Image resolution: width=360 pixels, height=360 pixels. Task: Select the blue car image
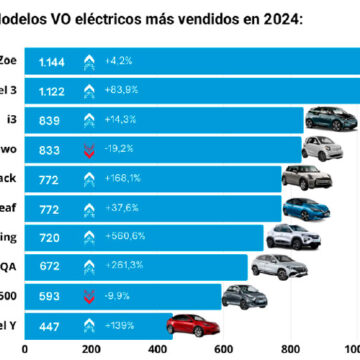pyautogui.click(x=305, y=208)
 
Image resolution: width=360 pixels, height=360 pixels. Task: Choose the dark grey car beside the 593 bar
pyautogui.click(x=244, y=296)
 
